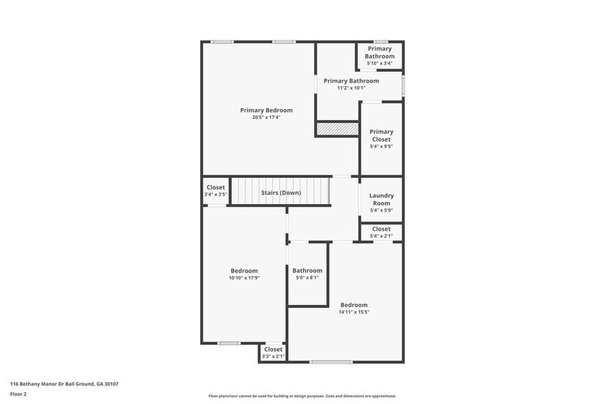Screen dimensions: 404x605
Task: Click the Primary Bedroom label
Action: click(x=266, y=110)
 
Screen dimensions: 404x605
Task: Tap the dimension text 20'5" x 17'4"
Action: click(x=266, y=117)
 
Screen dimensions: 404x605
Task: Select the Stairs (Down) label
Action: click(x=281, y=192)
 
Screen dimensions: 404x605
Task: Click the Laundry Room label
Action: click(x=381, y=199)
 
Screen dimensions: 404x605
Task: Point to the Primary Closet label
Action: click(x=381, y=135)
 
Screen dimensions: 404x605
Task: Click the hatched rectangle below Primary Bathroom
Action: click(x=337, y=129)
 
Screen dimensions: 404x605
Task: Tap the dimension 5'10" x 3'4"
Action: click(x=379, y=63)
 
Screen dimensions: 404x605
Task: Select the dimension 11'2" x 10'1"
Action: click(x=351, y=88)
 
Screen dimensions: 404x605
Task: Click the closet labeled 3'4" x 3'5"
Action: click(x=215, y=191)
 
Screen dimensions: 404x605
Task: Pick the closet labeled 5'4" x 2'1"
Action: click(x=381, y=232)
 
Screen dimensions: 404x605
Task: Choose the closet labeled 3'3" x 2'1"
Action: click(x=273, y=352)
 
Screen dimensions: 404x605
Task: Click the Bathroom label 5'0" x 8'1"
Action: click(x=307, y=273)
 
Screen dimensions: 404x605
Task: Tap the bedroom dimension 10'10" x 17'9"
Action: click(x=244, y=278)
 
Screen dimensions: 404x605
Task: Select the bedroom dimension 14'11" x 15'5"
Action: click(x=354, y=312)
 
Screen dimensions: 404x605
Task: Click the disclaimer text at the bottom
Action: click(x=302, y=396)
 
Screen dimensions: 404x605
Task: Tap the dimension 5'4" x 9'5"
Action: click(x=381, y=146)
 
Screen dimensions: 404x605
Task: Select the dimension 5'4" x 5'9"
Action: click(x=381, y=210)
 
